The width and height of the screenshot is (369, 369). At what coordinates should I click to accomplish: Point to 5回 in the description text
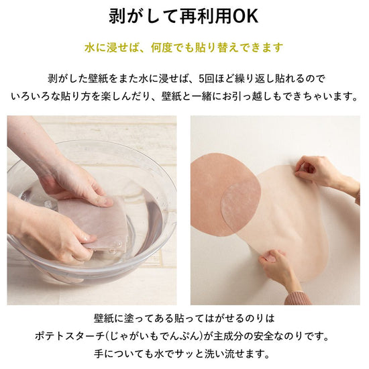[206, 78]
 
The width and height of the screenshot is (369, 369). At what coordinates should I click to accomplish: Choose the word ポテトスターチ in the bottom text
[69, 336]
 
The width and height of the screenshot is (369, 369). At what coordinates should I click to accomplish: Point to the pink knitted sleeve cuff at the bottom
[299, 298]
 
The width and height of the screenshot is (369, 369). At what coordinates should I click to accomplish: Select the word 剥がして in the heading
[144, 17]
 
